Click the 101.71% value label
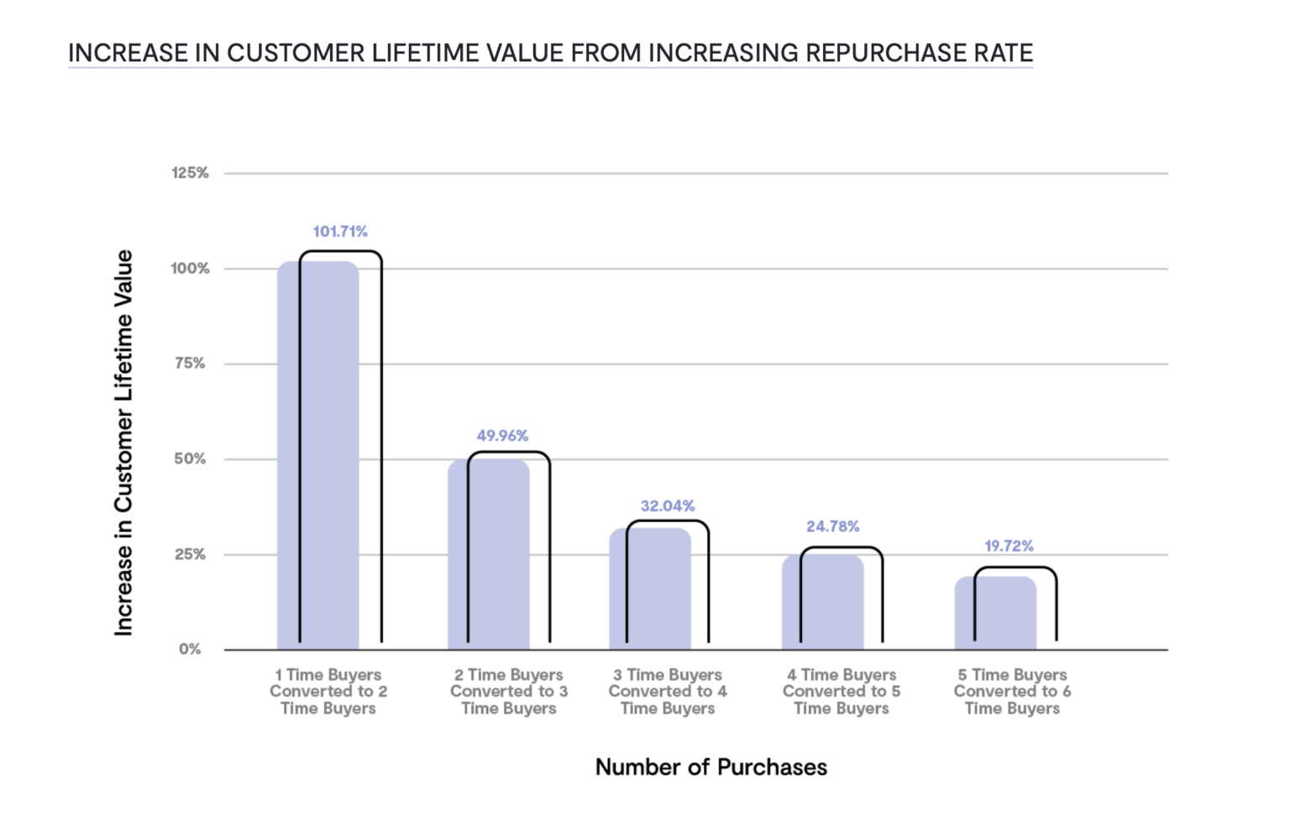tap(340, 232)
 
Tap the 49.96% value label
tap(502, 436)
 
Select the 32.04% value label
tap(668, 506)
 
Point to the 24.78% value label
tap(832, 526)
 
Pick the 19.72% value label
tap(1009, 547)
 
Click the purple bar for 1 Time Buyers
tap(317, 458)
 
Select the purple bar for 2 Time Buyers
tap(488, 554)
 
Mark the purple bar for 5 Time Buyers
tap(995, 613)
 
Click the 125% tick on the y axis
tap(190, 173)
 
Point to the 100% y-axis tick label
tap(190, 269)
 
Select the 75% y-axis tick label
tap(190, 364)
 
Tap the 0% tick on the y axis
tap(190, 649)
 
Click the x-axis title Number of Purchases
tap(711, 767)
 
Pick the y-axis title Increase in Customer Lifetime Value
tap(123, 442)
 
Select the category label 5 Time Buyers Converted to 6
tap(1012, 691)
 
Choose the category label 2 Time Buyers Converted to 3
tap(509, 691)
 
